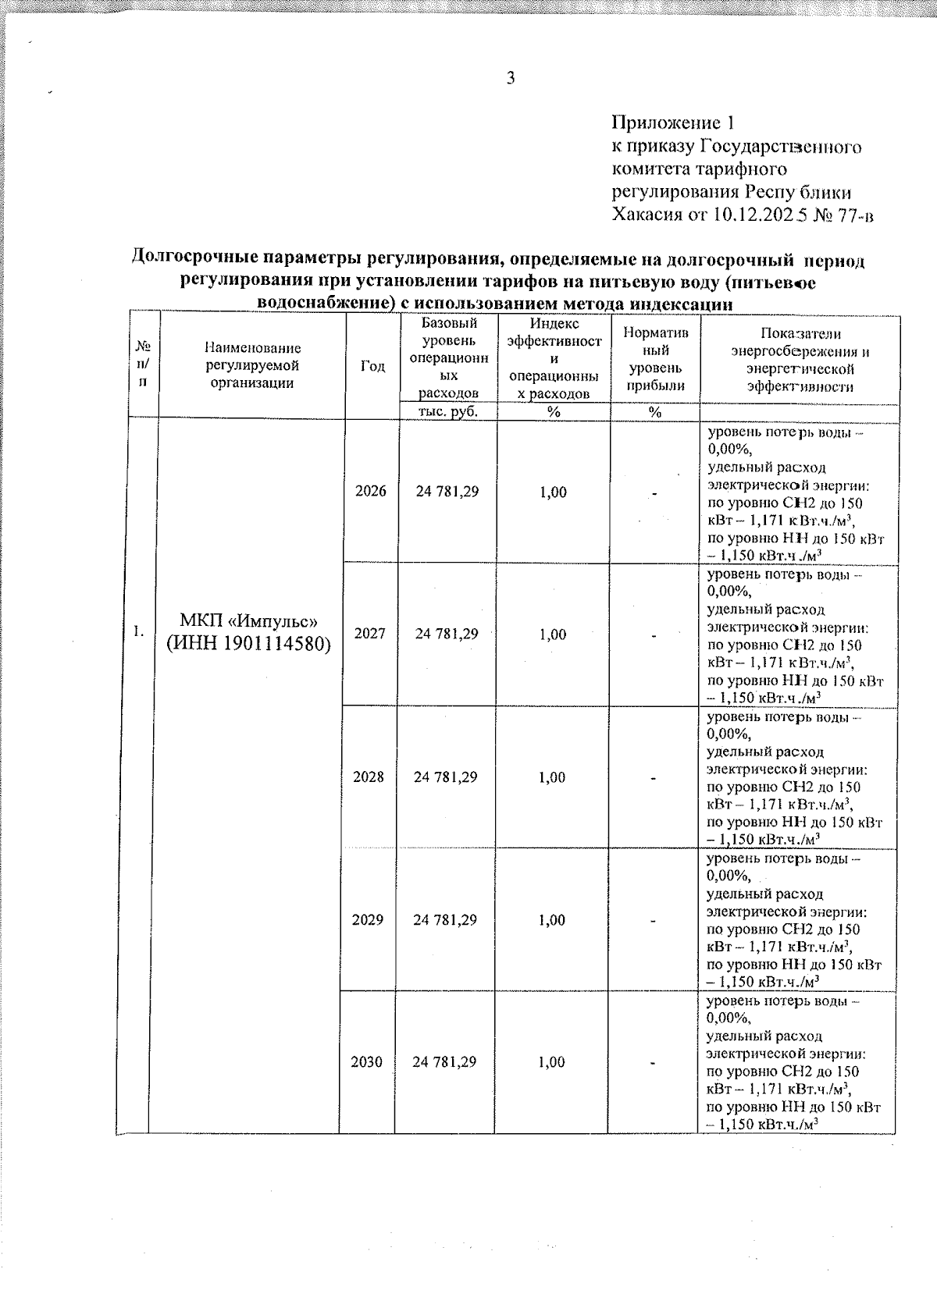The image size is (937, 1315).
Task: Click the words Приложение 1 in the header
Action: [673, 123]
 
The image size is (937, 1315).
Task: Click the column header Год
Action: [373, 365]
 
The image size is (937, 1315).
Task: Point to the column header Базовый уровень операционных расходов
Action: [448, 357]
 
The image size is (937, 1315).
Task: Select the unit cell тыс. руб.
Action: [448, 411]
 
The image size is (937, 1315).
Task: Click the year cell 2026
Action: [370, 492]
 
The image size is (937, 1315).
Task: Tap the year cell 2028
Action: [369, 777]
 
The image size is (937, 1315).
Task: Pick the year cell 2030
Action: [367, 1062]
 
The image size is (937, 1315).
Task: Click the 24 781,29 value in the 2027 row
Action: [447, 634]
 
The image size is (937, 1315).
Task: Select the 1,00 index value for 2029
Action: [551, 920]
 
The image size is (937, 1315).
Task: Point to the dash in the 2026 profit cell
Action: [655, 493]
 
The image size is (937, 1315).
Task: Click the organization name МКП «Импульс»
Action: [248, 621]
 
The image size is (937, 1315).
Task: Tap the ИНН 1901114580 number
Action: [248, 644]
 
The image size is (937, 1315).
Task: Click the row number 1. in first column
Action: [137, 631]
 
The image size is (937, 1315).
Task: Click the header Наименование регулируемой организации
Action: [253, 365]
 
